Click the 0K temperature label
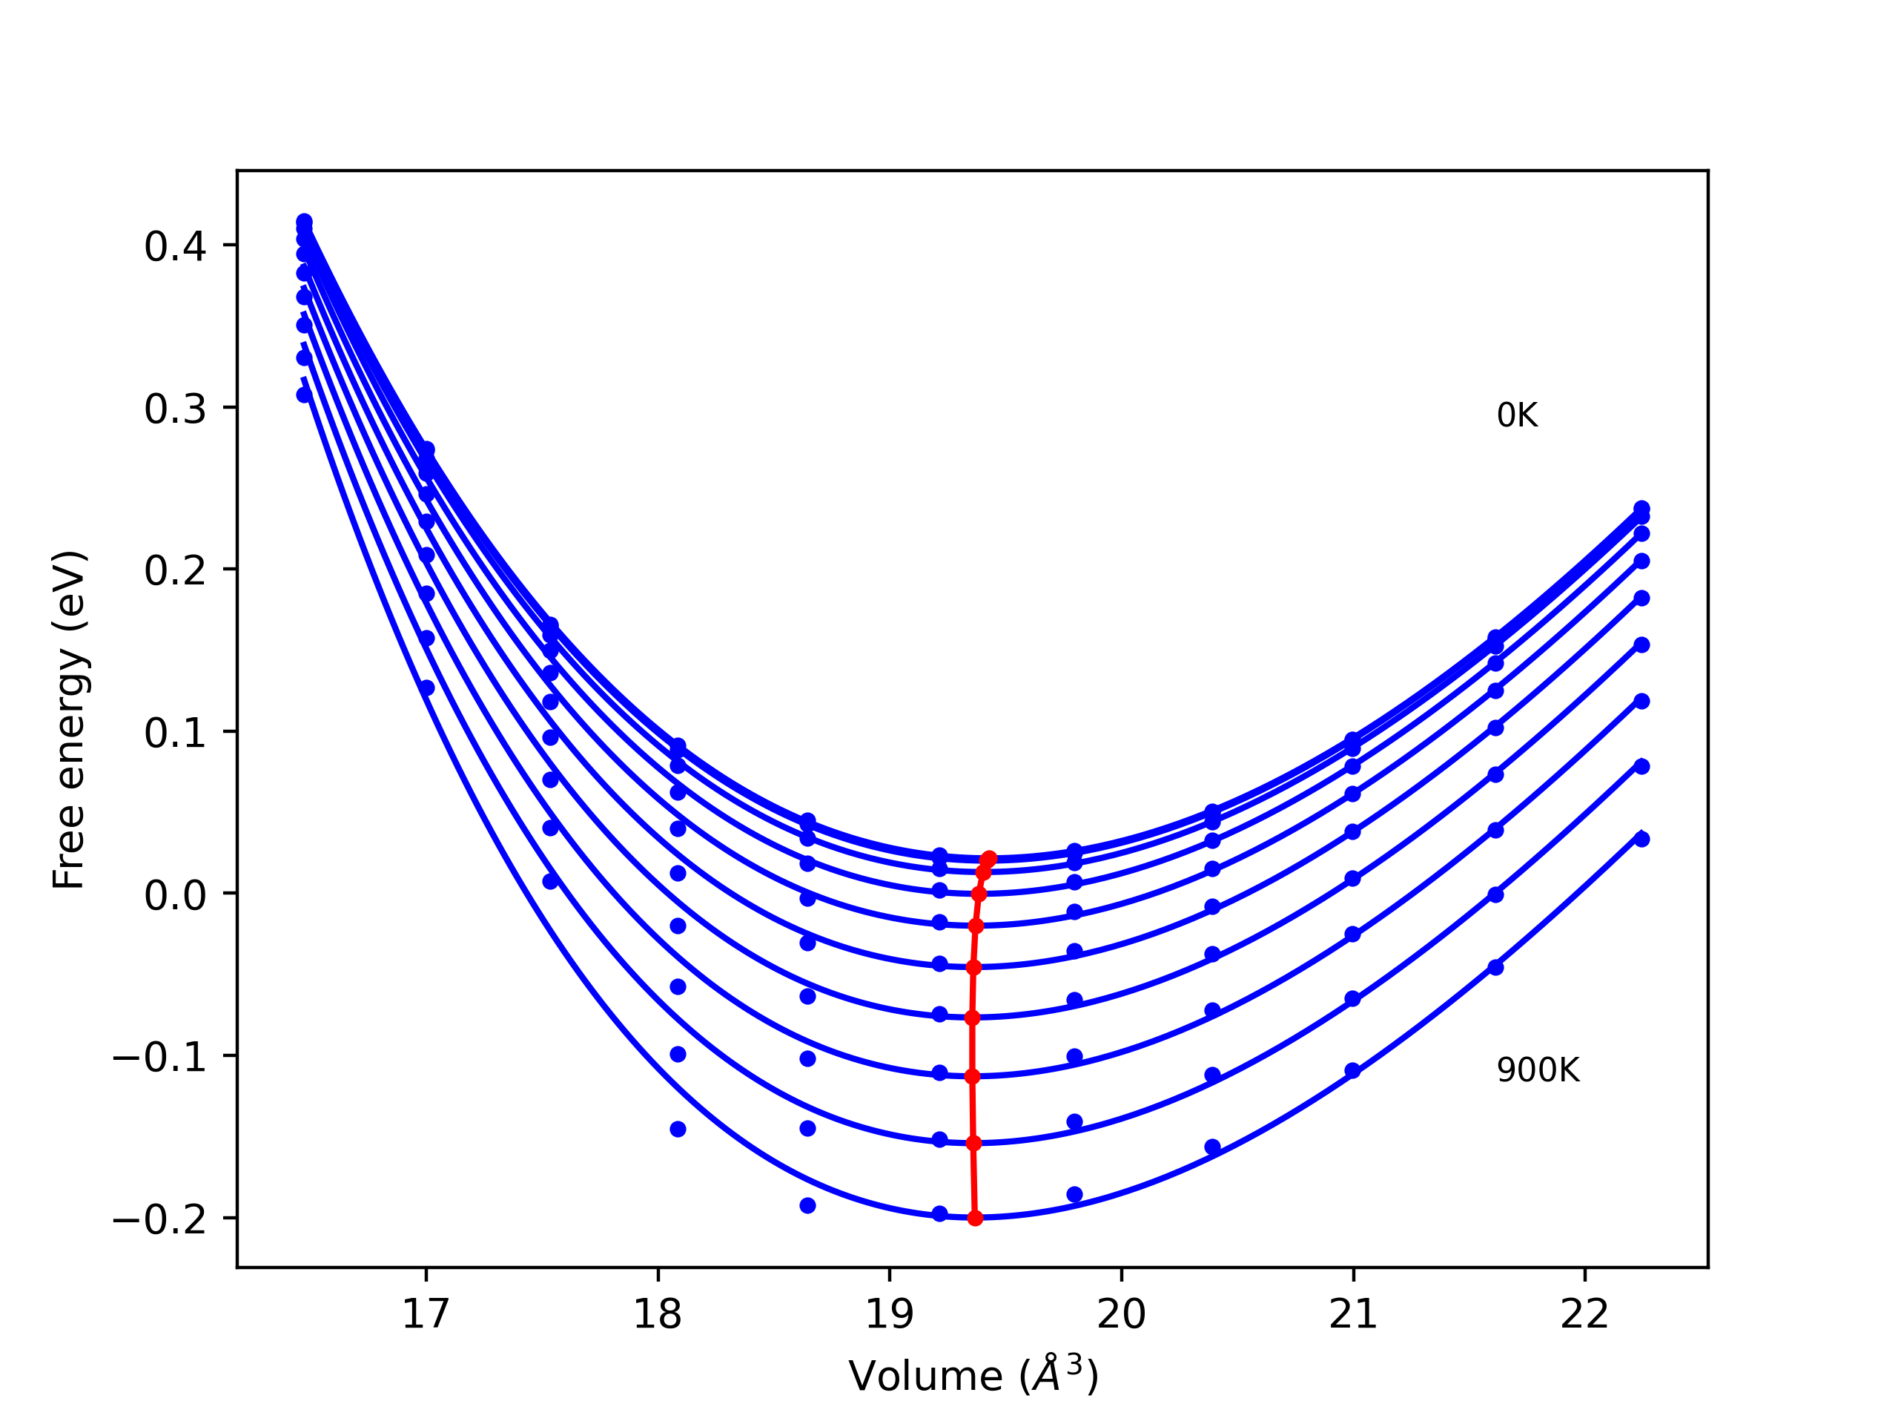point(1516,415)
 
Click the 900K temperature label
point(1538,1070)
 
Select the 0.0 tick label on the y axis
point(175,895)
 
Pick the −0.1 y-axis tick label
point(159,1058)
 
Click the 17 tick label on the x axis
point(426,1314)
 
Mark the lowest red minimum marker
point(975,1218)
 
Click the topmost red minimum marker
point(989,858)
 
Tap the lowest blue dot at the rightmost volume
point(1641,840)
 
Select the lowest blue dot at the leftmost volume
point(304,395)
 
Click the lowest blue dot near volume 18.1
point(678,1129)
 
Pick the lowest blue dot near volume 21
point(1352,1070)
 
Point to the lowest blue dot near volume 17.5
point(551,882)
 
